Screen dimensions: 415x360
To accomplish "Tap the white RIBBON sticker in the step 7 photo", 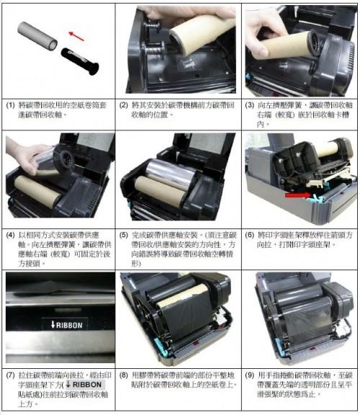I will click(62, 325).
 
